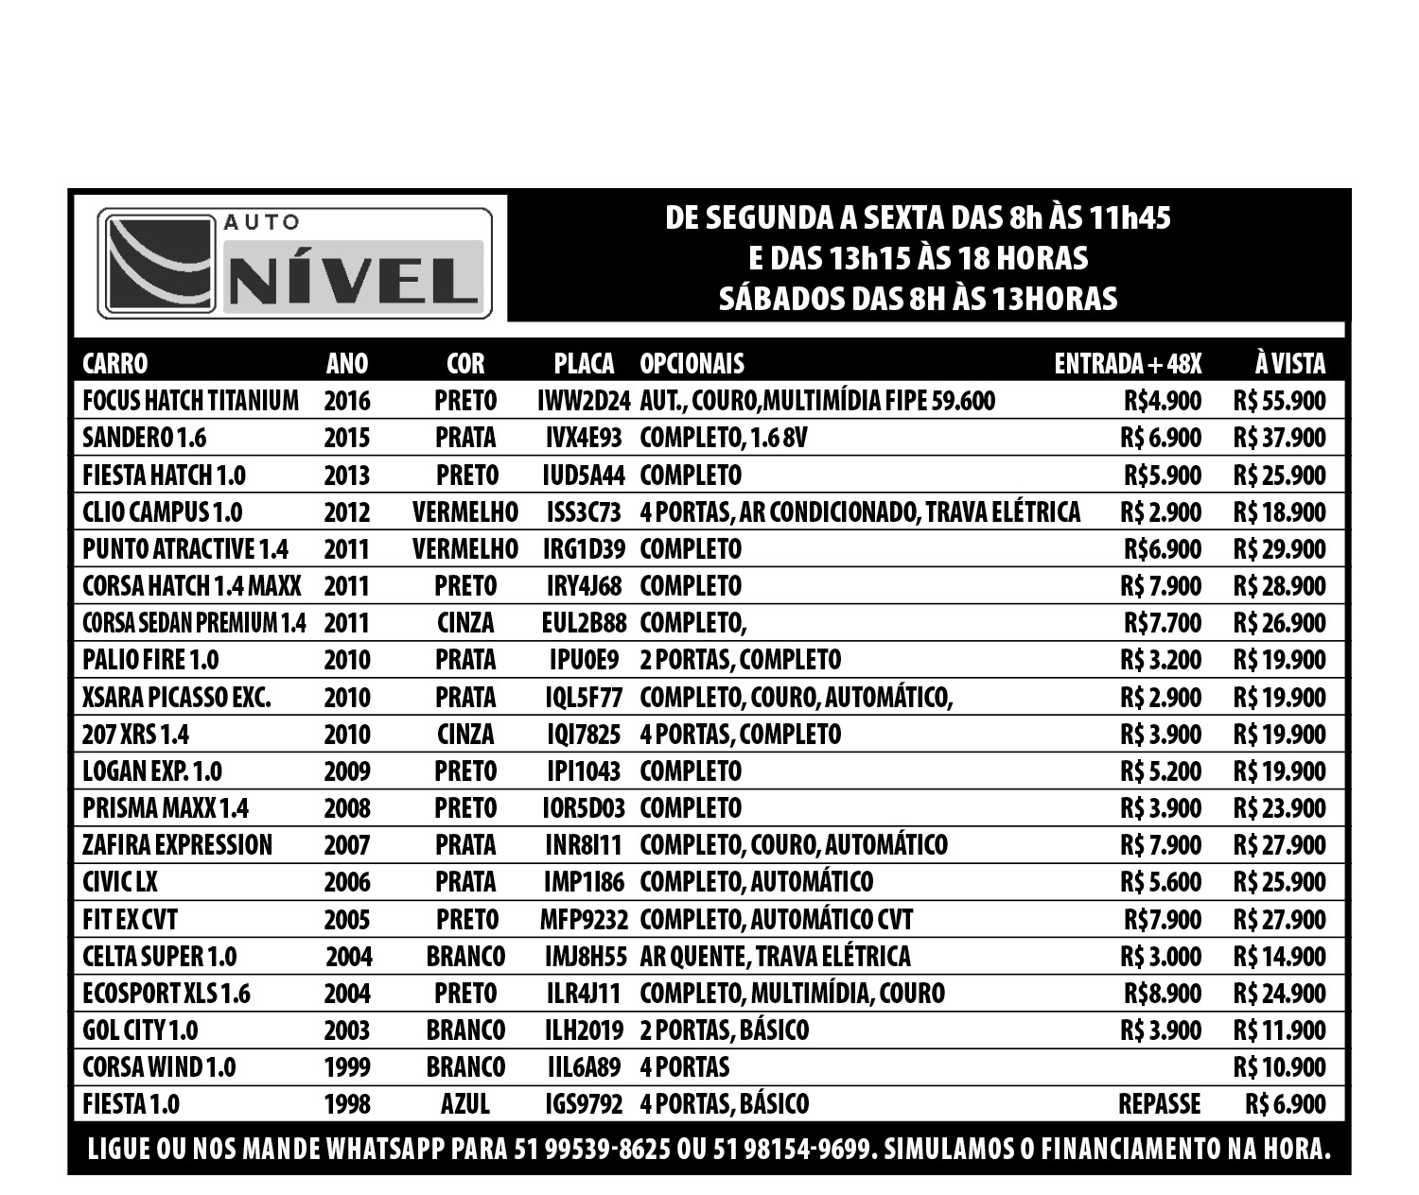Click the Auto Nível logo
coord(294,263)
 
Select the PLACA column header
coord(584,364)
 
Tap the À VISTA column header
coord(1289,364)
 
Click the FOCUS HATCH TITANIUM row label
coord(190,401)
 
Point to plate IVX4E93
coord(584,438)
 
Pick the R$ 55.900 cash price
coord(1279,401)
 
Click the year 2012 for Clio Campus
coord(347,512)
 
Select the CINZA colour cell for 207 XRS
coord(465,735)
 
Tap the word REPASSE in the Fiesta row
coord(1159,1104)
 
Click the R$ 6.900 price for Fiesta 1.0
coord(1286,1104)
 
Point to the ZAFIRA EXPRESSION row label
coord(177,845)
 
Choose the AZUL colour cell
coord(465,1104)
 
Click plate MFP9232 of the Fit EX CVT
coord(584,920)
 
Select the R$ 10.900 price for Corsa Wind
coord(1279,1067)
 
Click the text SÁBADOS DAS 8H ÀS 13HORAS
coord(918,299)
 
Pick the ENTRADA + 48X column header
coord(1128,364)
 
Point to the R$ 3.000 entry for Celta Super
coord(1161,957)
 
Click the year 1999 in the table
coord(347,1067)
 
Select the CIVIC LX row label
coord(120,882)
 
